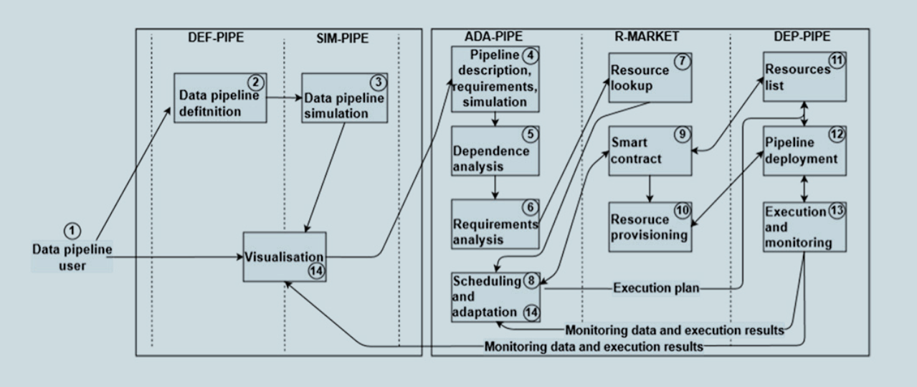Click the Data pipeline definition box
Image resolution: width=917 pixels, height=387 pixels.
(x=219, y=97)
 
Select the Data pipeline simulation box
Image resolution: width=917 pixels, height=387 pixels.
(x=344, y=97)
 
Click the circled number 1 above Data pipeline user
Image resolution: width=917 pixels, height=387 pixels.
(x=73, y=231)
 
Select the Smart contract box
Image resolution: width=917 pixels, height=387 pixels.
(x=650, y=150)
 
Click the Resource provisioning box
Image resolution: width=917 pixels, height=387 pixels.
(x=650, y=226)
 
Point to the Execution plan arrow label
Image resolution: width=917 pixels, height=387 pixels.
(x=656, y=288)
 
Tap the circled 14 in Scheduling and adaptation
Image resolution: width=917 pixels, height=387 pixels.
(x=531, y=312)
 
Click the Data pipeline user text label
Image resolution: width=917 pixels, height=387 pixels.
(x=72, y=257)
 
